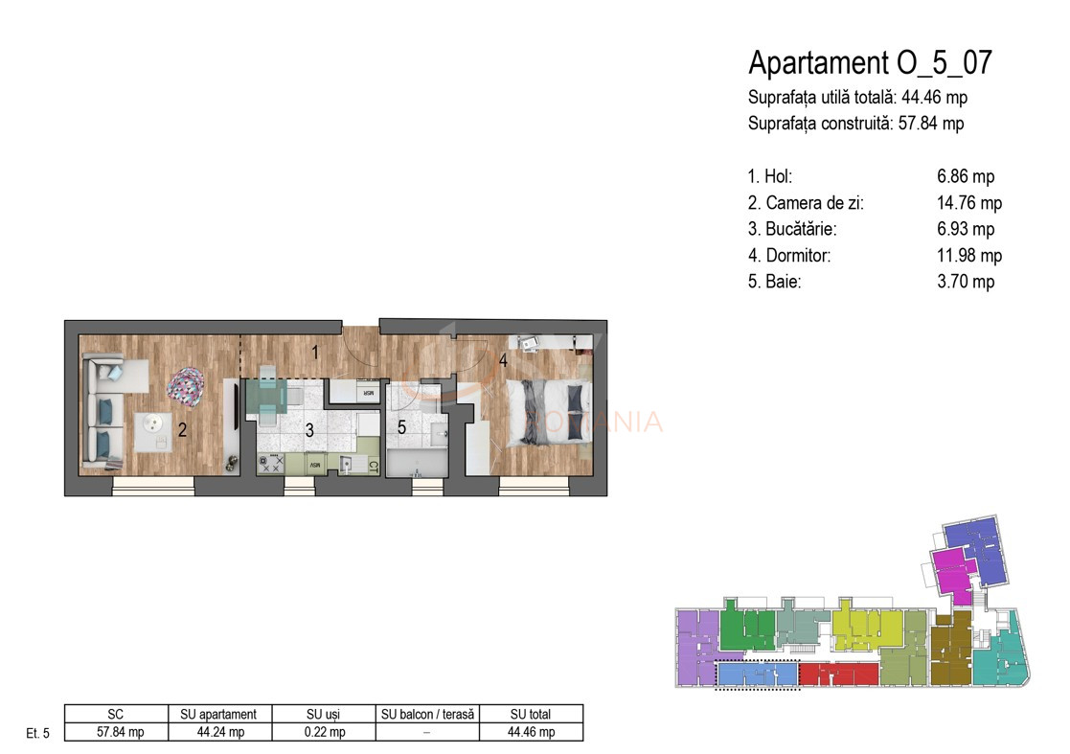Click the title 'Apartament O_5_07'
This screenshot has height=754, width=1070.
click(869, 63)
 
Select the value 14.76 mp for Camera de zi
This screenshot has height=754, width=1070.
click(968, 203)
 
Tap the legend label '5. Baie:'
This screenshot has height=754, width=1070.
click(775, 282)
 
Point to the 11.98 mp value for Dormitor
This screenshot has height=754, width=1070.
click(968, 256)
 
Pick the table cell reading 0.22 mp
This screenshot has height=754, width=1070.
click(323, 732)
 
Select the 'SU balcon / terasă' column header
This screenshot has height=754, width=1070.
click(427, 714)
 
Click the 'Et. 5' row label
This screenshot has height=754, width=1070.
click(37, 733)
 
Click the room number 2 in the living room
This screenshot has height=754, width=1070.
click(182, 431)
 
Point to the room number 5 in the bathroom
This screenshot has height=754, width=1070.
click(402, 428)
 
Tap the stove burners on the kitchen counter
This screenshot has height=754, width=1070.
click(271, 464)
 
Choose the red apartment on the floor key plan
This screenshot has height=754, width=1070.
click(838, 674)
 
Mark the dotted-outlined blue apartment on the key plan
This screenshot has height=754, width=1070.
click(757, 675)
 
